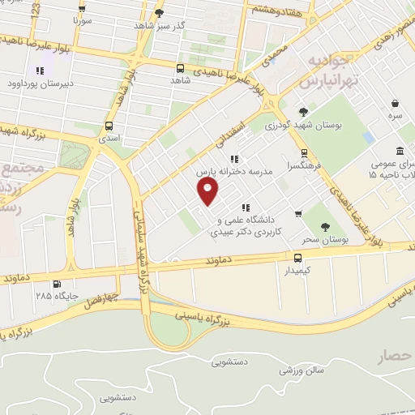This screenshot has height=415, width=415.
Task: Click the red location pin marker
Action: [208, 191]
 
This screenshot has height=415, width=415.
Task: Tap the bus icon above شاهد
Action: [180, 68]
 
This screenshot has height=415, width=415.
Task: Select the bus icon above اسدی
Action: [109, 126]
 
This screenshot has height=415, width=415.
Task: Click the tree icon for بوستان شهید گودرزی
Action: [303, 112]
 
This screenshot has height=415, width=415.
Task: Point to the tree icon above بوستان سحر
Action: [325, 228]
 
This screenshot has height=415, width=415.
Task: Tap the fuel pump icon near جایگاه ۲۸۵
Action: [56, 284]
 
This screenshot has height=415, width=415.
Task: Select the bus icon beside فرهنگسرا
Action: [304, 152]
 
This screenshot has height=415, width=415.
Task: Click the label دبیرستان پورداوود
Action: [40, 83]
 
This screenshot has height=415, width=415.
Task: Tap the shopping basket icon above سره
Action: [395, 104]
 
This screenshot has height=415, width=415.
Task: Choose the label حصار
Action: [394, 354]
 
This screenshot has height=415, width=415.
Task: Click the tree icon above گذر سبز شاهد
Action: [159, 12]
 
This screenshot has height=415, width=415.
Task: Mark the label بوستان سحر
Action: [326, 240]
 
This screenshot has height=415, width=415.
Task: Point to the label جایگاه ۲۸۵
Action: [56, 296]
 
